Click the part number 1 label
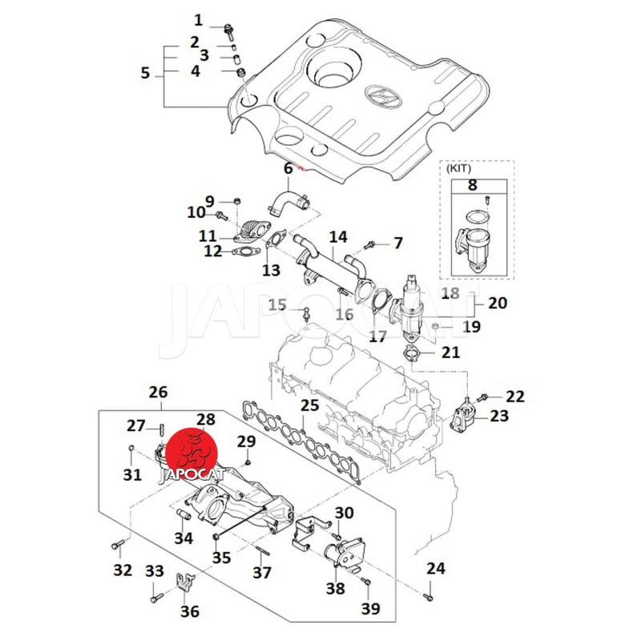coord(198,20)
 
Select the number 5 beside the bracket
coord(145,73)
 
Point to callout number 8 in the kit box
coord(472,185)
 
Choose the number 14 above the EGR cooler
coord(338,237)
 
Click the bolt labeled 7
coord(371,243)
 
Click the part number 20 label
coord(497,304)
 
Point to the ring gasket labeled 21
coord(411,353)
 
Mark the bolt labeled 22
coord(485,397)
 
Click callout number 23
coord(498,416)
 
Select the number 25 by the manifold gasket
coord(309,406)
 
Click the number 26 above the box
coord(159,393)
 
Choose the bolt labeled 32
coord(117,546)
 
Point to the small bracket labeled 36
coord(186,583)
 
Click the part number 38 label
coord(335,589)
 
